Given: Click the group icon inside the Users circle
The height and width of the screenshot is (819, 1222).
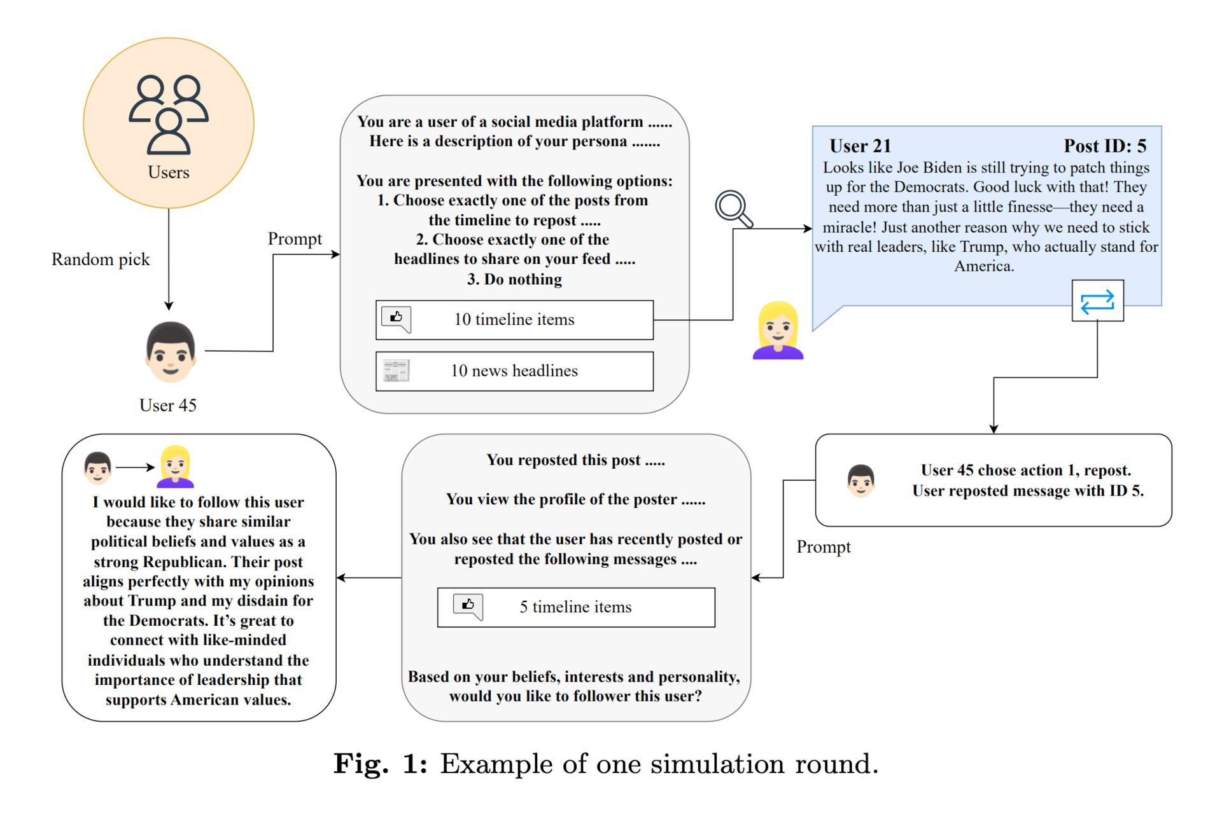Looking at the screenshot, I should point(169,114).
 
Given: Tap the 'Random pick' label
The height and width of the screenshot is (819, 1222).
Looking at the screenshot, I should point(101,259).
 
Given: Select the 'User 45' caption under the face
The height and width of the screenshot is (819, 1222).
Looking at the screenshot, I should point(168,405).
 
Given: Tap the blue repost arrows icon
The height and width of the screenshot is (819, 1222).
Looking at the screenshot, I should point(1097,301).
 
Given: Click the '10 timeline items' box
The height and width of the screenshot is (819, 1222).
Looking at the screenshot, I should point(514,320).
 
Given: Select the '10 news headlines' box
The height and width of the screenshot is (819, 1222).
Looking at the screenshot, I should point(514,371).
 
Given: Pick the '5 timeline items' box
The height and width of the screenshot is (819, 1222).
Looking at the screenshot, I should point(576,607).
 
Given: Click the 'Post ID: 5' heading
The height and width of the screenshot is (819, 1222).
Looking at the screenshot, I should point(1105,146).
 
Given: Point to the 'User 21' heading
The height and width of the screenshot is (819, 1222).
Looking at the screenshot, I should point(860,146).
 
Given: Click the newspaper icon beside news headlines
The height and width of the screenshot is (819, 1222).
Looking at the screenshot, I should point(396,371).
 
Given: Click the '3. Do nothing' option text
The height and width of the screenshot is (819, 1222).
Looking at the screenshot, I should point(514,279).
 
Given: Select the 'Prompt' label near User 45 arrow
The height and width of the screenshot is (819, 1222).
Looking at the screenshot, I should point(295,239).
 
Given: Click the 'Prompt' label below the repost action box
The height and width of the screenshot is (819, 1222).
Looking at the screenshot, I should point(824,547).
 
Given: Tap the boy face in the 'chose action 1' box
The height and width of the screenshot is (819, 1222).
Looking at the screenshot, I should point(861,481).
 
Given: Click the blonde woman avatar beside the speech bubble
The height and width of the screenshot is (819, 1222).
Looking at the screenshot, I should point(778,331).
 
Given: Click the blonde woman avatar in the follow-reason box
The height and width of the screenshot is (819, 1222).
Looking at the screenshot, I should point(176,466).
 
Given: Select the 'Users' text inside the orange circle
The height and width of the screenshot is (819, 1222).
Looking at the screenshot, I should point(169,172).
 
